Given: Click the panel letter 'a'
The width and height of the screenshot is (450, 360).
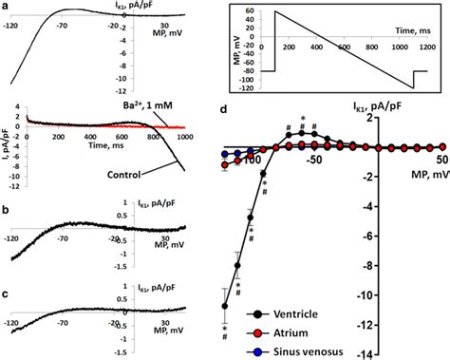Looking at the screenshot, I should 7,6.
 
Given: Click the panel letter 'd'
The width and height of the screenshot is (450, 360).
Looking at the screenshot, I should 223,111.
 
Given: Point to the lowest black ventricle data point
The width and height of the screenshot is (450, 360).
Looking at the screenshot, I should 225,306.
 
